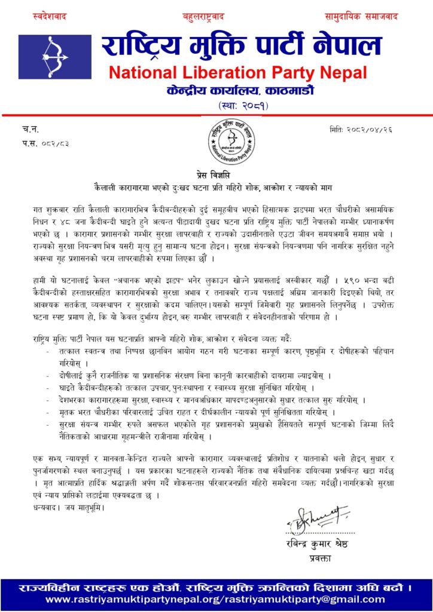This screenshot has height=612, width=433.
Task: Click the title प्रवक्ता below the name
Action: pyautogui.click(x=317, y=558)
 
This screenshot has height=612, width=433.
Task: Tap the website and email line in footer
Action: pyautogui.click(x=216, y=599)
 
